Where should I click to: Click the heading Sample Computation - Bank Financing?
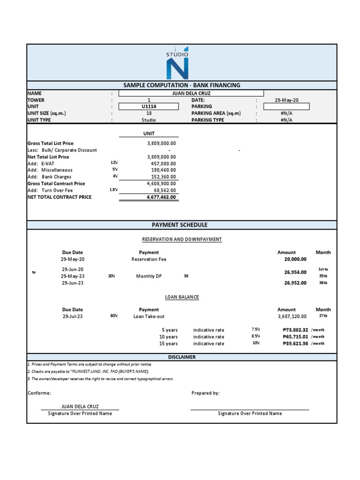tap(181, 85)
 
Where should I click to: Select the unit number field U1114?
tap(149, 106)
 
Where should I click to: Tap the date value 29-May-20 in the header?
tap(286, 100)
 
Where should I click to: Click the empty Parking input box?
tap(286, 106)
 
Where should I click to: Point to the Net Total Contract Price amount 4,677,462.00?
tap(161, 197)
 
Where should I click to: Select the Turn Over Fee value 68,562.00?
tap(164, 191)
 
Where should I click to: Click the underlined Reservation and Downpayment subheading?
tap(181, 240)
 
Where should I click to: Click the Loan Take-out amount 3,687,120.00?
tap(292, 316)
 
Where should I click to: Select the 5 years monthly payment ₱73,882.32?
tap(295, 330)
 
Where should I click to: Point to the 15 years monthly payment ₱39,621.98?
tap(295, 344)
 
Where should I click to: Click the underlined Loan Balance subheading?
tap(181, 297)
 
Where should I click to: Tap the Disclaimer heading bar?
tap(181, 357)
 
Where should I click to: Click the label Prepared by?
tap(205, 393)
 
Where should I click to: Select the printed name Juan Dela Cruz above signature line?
tap(80, 407)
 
